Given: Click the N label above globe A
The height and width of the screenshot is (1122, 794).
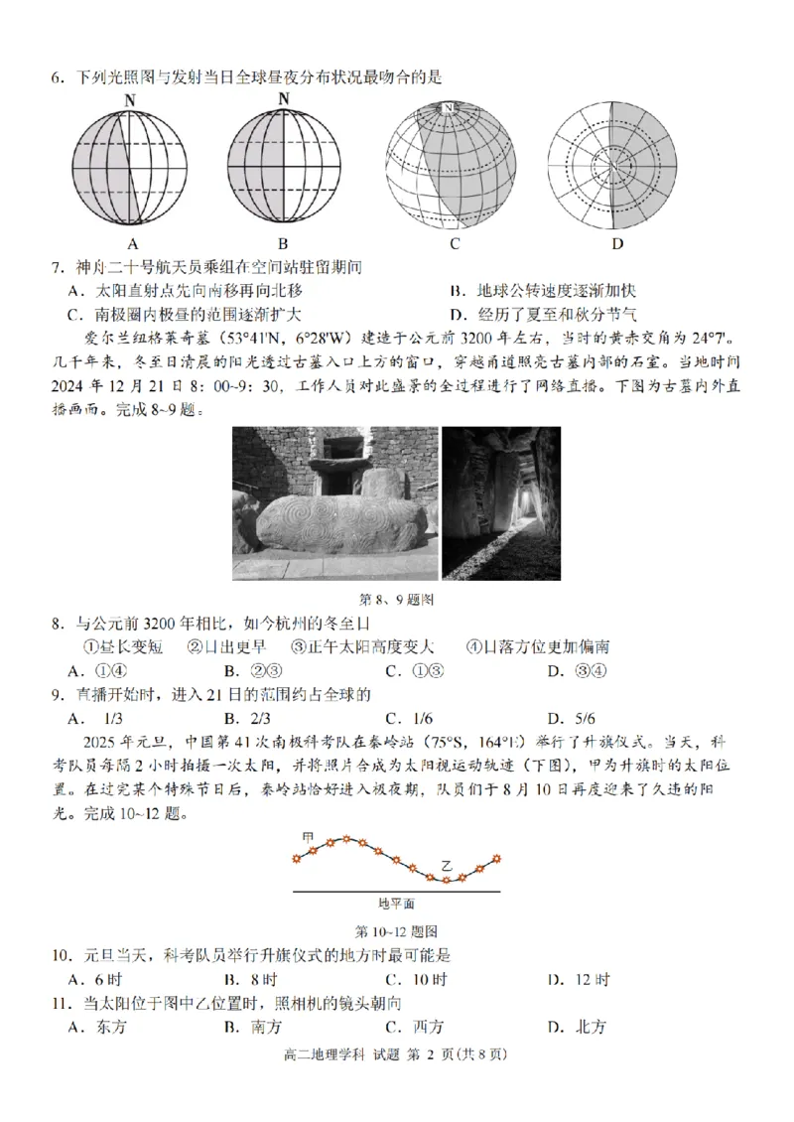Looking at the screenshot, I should point(131,99).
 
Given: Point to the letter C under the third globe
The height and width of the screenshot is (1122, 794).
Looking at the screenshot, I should point(454,243).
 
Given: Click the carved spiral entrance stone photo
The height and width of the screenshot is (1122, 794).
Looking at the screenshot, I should point(334,503).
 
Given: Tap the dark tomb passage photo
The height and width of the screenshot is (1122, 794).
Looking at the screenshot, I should point(501,503).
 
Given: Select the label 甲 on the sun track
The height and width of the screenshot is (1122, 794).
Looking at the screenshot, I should point(309,839).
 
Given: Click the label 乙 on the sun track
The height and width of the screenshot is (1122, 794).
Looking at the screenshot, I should point(447,866).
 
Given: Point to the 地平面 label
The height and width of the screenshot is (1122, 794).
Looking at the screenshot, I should point(396,904).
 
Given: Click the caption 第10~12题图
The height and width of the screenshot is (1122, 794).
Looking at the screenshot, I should point(397,931).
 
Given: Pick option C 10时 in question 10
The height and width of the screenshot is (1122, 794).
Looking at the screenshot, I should point(417,980).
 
